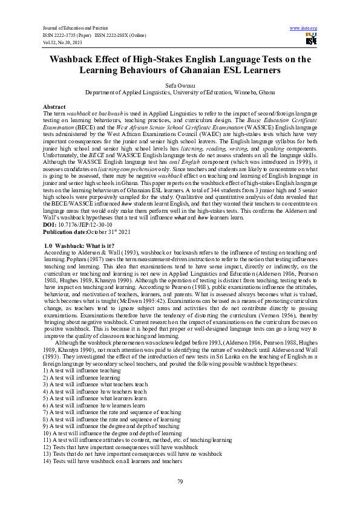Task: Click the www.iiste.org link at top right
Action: point(304,28)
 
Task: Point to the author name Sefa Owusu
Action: point(180,86)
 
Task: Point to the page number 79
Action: point(180,481)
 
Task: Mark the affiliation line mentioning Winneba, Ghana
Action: point(180,93)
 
